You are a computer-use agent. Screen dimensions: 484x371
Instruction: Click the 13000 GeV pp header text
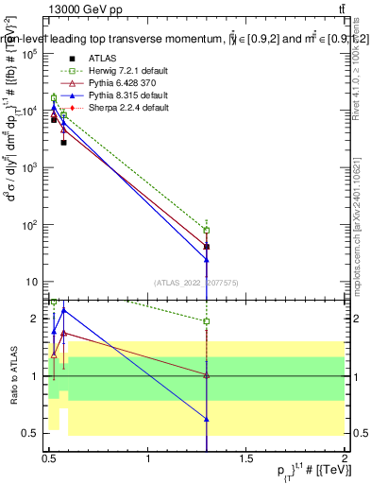pyautogui.click(x=86, y=9)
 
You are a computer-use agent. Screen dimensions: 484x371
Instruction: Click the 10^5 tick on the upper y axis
pyautogui.click(x=31, y=54)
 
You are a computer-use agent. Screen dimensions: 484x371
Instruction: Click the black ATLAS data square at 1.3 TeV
pyautogui.click(x=207, y=247)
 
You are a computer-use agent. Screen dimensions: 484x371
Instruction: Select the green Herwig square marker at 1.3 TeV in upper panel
pyautogui.click(x=207, y=230)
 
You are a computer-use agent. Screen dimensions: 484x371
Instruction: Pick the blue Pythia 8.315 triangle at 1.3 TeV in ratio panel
pyautogui.click(x=207, y=418)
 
